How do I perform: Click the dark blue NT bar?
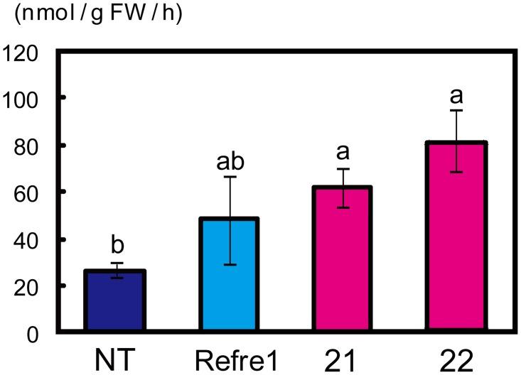tap(115, 300)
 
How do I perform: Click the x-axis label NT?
tap(115, 357)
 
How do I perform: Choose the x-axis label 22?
tap(456, 357)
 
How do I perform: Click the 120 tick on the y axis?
tap(25, 52)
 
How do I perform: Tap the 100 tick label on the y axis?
tap(25, 98)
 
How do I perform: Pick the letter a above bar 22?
tap(456, 94)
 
